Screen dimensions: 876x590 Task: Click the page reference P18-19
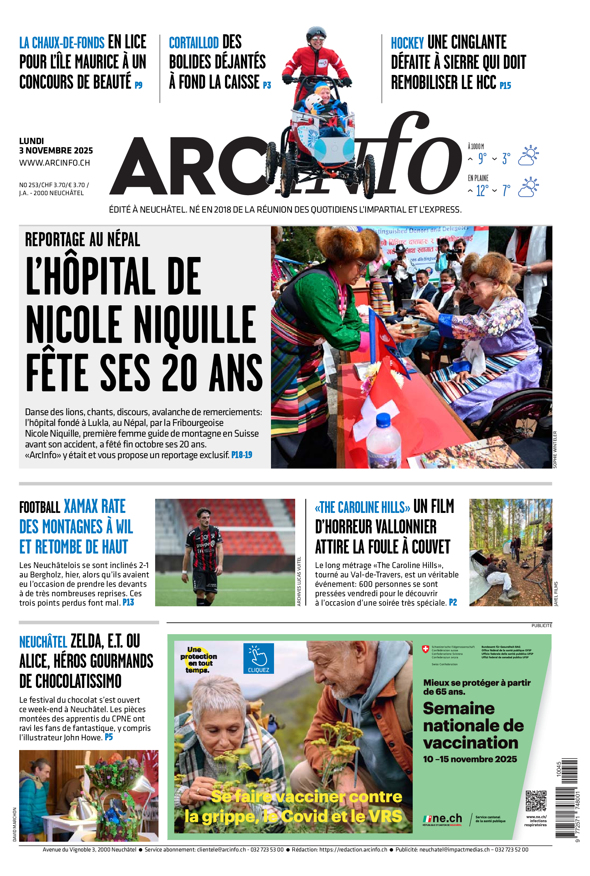[241, 454]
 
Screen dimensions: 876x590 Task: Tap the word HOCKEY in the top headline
[407, 43]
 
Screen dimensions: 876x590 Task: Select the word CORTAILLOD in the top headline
[193, 43]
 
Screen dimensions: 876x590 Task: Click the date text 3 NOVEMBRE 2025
[56, 150]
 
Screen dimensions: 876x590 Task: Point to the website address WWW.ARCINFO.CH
[54, 163]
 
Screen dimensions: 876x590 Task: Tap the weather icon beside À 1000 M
[528, 156]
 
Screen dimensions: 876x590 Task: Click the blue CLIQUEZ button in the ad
[259, 658]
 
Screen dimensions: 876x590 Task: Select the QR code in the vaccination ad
[536, 801]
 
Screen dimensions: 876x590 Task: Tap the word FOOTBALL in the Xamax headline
[40, 508]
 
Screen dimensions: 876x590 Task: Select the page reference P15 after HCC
[505, 86]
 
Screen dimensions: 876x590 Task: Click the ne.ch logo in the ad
[443, 819]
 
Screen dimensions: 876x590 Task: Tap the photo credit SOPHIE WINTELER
[555, 449]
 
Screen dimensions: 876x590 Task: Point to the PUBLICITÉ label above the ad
[541, 625]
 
